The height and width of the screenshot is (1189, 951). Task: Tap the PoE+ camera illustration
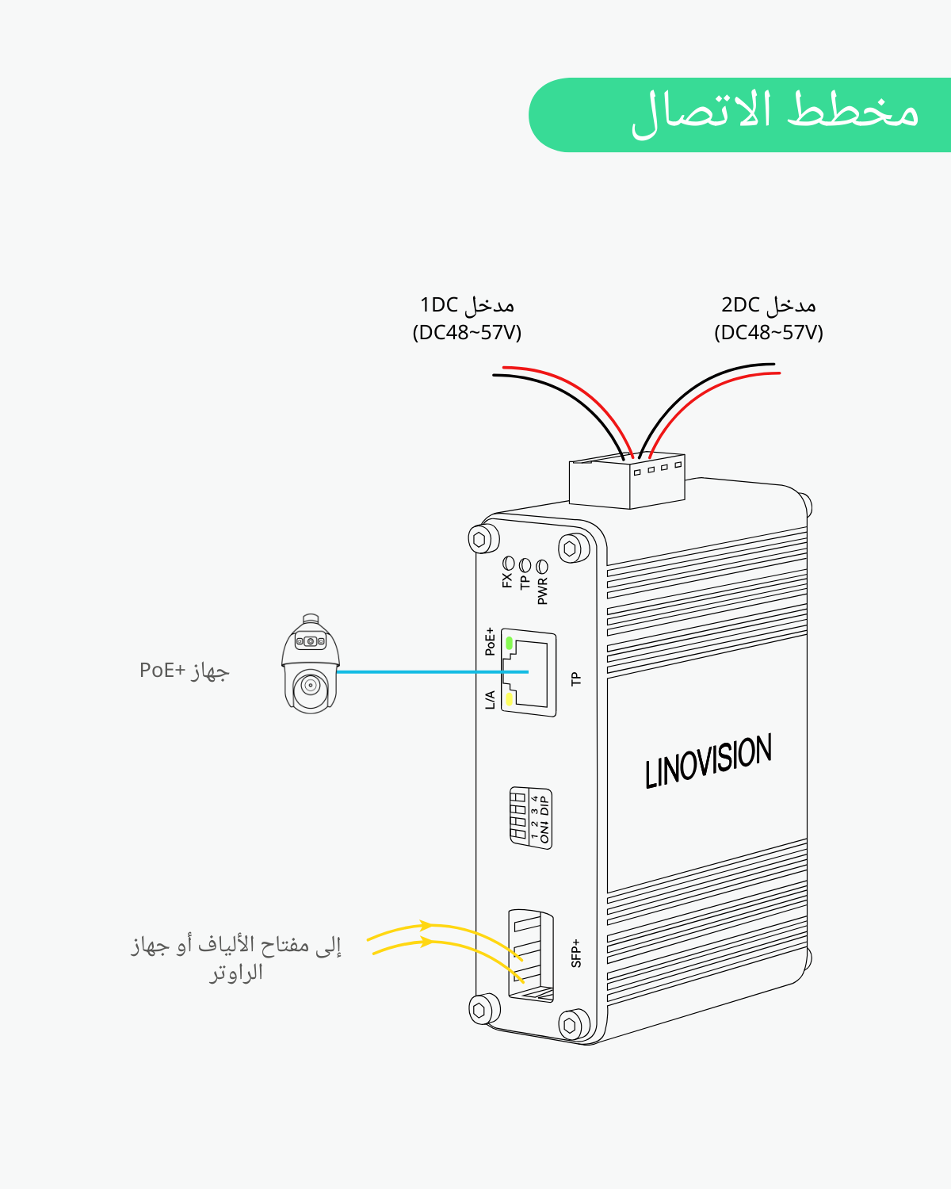tap(311, 664)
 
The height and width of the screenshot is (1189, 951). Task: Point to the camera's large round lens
tap(310, 685)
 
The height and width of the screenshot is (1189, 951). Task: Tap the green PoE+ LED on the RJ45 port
tap(510, 643)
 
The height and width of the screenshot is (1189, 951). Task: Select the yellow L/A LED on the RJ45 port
tap(510, 698)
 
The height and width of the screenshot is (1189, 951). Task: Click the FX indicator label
tap(507, 580)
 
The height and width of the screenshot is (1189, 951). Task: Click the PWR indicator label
tap(543, 591)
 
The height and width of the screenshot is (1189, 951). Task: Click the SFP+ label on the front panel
tap(576, 953)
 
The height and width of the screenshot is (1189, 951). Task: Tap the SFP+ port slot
tap(530, 955)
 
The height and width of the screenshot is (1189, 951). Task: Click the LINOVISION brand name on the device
tap(708, 761)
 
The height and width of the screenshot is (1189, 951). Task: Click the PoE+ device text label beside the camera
tap(184, 671)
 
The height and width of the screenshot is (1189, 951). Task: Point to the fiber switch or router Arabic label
tap(235, 958)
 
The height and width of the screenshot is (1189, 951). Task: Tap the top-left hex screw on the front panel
tap(480, 539)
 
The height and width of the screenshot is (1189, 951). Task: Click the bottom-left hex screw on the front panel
tap(480, 1010)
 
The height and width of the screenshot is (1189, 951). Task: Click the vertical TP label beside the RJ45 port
tap(576, 679)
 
